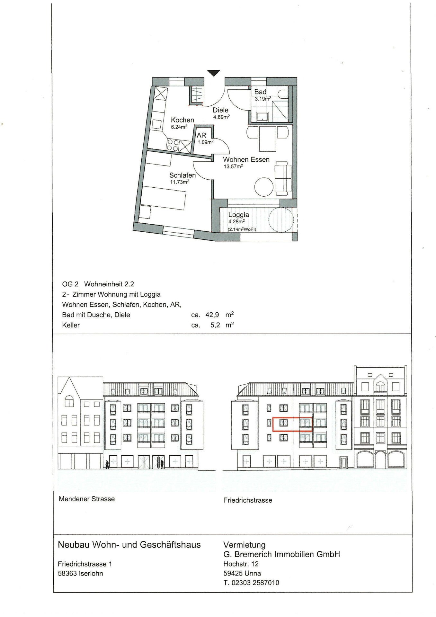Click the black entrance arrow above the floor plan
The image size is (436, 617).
click(x=213, y=73)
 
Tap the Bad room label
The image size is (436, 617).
click(x=260, y=92)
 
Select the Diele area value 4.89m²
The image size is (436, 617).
click(x=221, y=117)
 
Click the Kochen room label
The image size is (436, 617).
click(x=182, y=120)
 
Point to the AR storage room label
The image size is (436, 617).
click(x=201, y=135)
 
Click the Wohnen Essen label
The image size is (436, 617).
click(x=246, y=159)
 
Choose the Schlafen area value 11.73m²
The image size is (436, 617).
click(x=179, y=182)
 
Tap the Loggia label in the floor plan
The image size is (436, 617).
click(x=238, y=215)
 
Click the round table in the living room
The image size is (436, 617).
click(x=264, y=187)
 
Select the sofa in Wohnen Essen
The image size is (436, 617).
click(x=283, y=178)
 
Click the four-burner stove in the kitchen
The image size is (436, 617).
click(x=173, y=145)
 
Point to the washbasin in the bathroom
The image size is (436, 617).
click(x=262, y=116)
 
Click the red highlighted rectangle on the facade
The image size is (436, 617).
click(x=292, y=424)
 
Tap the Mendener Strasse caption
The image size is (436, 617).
click(x=87, y=499)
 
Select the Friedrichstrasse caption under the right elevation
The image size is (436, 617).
click(x=248, y=500)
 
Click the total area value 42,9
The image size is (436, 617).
click(x=212, y=315)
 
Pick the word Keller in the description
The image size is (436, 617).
click(x=71, y=325)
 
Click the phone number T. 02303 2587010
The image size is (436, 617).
click(x=251, y=582)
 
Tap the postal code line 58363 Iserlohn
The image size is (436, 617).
click(x=80, y=573)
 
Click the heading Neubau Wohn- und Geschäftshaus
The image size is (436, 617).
click(x=129, y=544)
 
